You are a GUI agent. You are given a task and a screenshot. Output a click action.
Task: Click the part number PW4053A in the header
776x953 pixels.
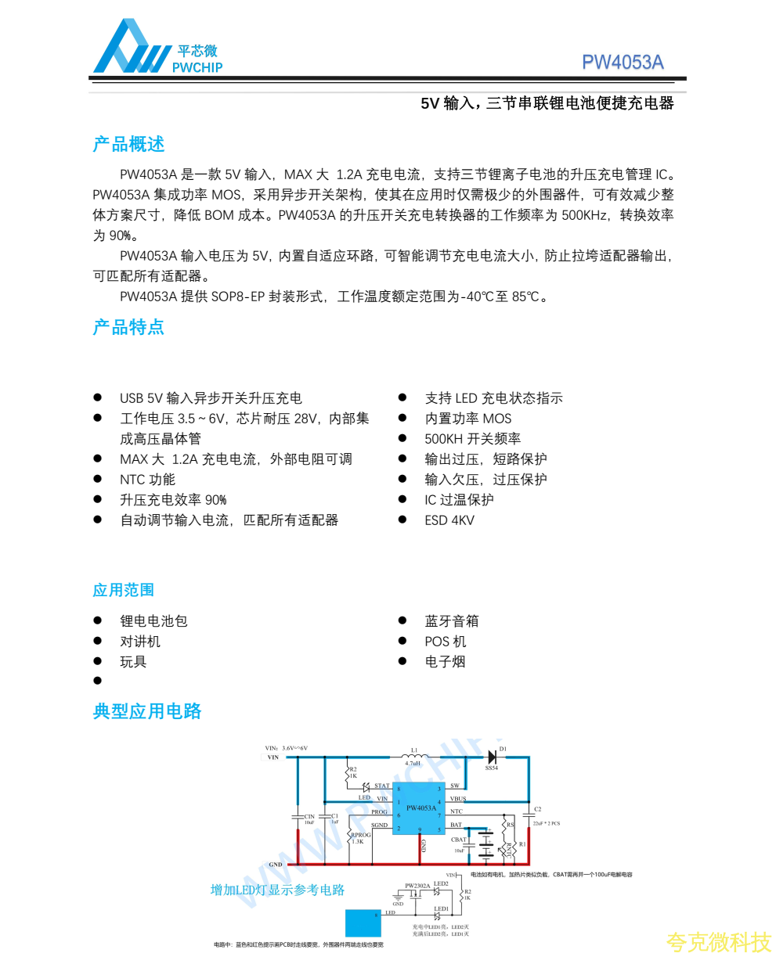623,63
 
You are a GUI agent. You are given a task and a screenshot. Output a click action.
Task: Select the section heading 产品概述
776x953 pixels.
128,145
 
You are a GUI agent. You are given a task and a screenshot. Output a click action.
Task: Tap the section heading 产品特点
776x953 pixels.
128,327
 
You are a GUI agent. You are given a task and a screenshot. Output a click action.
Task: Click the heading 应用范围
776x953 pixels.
123,590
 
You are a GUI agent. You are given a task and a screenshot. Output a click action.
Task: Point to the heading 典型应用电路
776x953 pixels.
147,710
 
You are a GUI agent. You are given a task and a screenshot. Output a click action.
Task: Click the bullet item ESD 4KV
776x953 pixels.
449,520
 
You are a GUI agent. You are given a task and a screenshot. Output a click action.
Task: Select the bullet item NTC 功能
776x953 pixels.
147,480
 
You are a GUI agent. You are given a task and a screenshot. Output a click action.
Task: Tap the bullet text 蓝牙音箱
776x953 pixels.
452,621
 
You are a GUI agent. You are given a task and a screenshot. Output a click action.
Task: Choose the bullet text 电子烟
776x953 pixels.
445,662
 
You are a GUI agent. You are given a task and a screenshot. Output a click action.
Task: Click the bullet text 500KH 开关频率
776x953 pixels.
472,439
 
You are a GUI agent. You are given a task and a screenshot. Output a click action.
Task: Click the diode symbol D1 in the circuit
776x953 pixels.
493,757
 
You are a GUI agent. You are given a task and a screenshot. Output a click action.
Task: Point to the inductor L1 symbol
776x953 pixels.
414,756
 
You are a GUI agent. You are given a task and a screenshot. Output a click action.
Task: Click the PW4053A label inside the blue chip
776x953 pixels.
420,807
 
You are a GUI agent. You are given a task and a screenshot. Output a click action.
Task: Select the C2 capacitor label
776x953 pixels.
537,809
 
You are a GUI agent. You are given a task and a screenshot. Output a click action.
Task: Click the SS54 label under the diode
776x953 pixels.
491,768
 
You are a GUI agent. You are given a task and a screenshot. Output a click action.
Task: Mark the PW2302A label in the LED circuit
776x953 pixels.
417,886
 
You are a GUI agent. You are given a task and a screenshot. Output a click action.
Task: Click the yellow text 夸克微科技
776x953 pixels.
718,942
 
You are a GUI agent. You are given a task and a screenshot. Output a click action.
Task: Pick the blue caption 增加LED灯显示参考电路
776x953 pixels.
277,890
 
